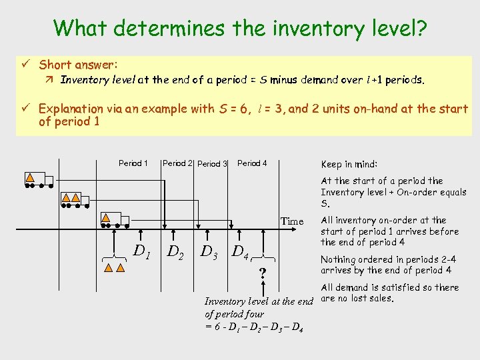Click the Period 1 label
[133, 163]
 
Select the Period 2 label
[178, 163]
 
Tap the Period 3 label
[213, 164]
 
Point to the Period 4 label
[252, 163]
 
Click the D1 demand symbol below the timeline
[141, 251]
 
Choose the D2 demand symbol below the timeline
[175, 251]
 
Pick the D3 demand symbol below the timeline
[209, 251]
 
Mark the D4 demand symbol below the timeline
[240, 251]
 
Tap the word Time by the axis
[292, 221]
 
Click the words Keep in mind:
[349, 164]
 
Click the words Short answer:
[79, 65]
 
